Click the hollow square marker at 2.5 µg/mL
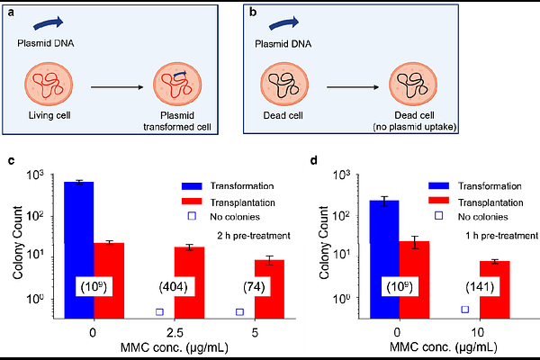point(159,311)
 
